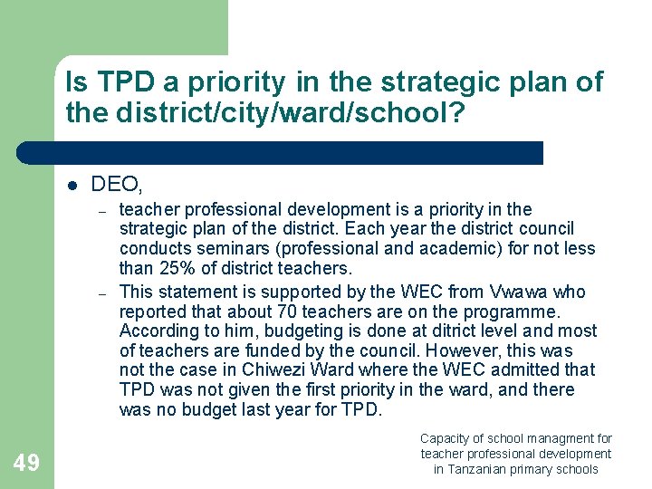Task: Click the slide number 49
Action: pyautogui.click(x=27, y=463)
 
